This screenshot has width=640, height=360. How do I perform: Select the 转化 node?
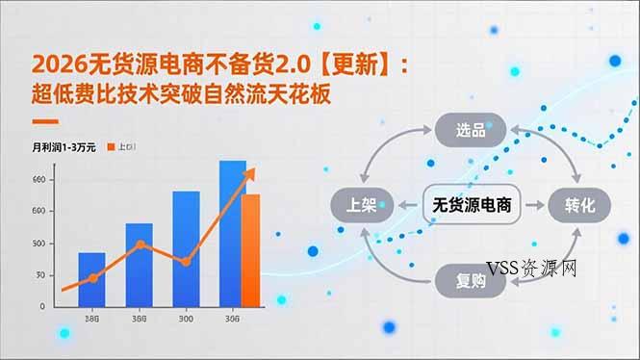pos(580,205)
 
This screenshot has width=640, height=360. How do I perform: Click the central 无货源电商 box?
pos(472,205)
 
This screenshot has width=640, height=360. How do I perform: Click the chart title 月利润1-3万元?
pos(64,147)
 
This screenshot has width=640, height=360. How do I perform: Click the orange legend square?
pos(111,147)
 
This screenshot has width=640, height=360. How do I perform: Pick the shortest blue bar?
pos(91,278)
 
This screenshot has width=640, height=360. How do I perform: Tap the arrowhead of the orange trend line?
pos(253,171)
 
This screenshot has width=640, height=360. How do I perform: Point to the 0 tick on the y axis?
pos(41,305)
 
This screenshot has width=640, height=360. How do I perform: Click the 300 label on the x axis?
pos(186,319)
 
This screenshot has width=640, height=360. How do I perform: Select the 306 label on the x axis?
pos(232,319)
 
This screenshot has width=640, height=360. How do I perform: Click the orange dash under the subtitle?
pos(45,122)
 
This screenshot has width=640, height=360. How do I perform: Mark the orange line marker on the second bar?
pos(141,244)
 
